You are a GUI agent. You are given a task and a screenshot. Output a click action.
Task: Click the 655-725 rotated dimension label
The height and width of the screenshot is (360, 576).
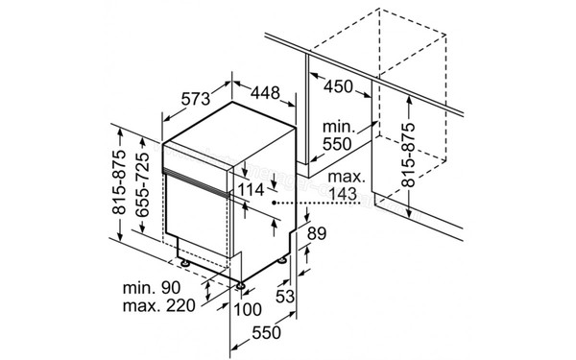point(141,191)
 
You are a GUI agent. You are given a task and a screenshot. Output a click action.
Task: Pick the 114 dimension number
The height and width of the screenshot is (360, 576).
point(250,190)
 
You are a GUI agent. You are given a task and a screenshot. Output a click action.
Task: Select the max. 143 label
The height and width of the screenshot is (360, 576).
point(345,186)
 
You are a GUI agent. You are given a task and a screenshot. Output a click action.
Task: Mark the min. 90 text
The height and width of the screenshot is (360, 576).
point(153,288)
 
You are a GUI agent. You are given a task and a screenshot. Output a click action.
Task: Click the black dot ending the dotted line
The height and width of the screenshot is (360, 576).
point(275,204)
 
